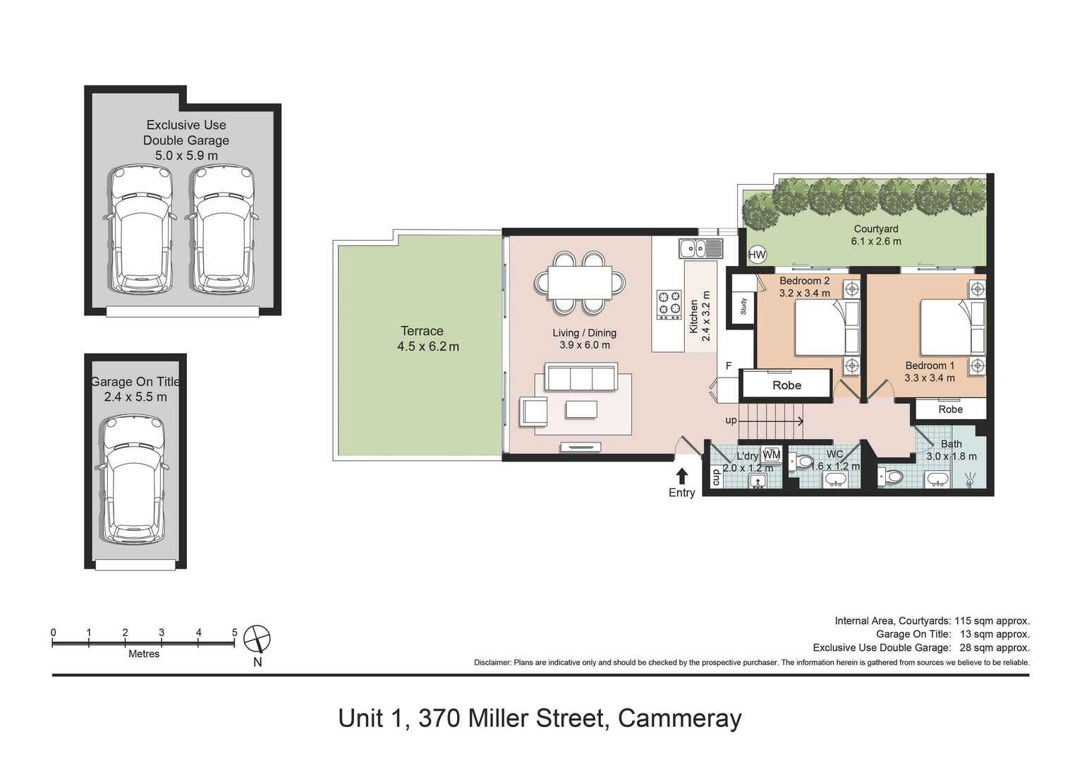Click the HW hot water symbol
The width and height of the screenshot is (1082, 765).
757,255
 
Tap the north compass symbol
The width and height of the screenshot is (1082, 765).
257,639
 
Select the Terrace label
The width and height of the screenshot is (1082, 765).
422,331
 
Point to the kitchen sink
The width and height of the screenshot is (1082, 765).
700,248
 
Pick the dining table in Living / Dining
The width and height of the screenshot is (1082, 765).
580,282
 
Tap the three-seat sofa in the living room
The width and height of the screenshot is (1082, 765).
581,378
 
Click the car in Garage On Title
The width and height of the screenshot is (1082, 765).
133,479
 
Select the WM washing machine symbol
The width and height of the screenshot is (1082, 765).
772,454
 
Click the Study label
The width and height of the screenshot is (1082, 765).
743,306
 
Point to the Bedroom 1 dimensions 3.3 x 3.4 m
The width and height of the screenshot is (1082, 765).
930,378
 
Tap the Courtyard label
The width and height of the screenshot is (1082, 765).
875,229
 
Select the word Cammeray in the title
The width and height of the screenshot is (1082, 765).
679,718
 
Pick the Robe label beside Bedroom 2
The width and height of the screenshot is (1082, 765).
786,385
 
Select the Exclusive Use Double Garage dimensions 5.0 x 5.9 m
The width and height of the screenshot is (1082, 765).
186,155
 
